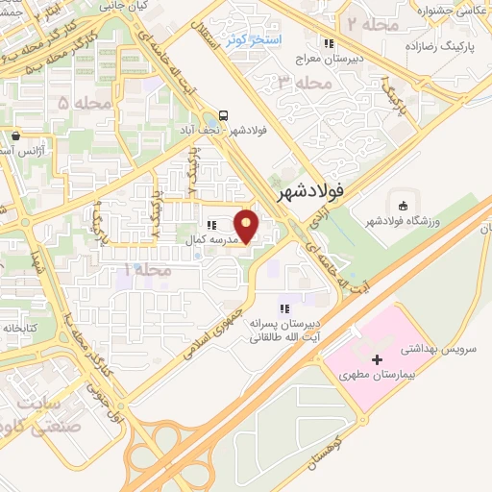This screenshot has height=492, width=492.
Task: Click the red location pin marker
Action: [249, 226]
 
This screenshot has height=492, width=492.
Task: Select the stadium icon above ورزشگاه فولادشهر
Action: [402, 206]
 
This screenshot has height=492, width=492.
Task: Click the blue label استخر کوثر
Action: [252, 40]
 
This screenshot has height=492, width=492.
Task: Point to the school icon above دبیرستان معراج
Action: [329, 42]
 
